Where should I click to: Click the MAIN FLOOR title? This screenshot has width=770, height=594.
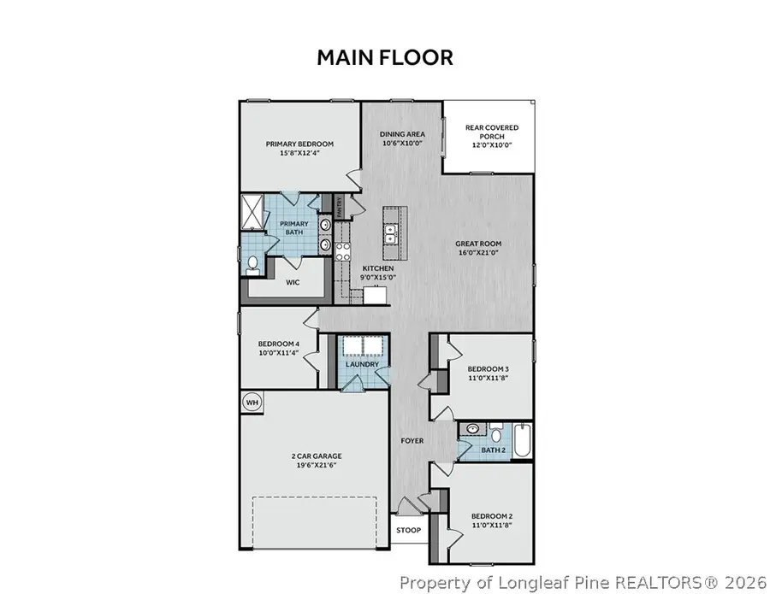384,57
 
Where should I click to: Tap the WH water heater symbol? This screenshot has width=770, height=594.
252,403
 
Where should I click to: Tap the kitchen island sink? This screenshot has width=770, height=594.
391,229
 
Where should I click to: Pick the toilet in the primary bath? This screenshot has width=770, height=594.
254,264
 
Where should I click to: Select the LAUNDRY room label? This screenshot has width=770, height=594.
363,365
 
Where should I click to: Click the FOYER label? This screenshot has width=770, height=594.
413,441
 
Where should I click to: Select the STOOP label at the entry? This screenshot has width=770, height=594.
407,530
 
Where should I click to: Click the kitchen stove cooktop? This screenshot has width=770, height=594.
343,251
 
